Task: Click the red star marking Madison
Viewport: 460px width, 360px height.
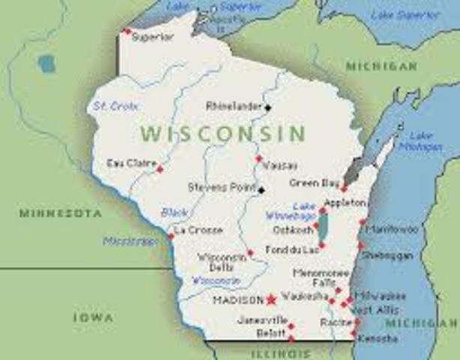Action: coord(271,299)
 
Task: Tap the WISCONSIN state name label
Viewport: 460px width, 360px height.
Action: coord(223,134)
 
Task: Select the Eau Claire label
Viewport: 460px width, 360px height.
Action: coord(131,163)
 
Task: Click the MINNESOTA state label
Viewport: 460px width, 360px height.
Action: coord(60,214)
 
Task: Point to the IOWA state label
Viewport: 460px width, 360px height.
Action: coord(93,317)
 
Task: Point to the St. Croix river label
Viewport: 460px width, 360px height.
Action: coord(112,106)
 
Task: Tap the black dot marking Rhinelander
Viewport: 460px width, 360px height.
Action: coord(268,107)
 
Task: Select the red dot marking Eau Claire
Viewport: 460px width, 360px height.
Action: coord(159,169)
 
